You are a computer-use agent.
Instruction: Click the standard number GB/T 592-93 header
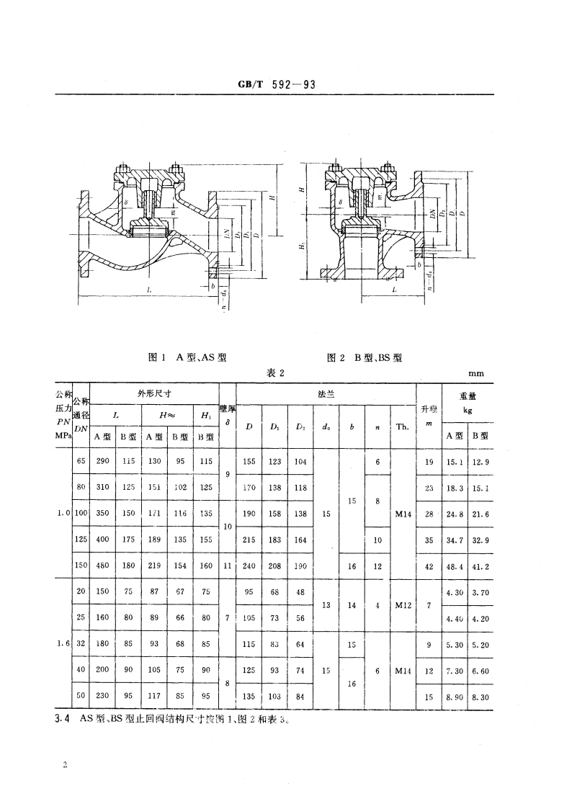coord(277,84)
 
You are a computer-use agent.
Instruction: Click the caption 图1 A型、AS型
coord(187,357)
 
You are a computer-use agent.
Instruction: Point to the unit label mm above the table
coord(476,373)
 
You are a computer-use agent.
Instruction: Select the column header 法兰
coord(326,393)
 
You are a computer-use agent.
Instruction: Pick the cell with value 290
coord(102,461)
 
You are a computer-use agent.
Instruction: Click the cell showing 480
coord(102,566)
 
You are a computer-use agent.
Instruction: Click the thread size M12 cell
coord(402,605)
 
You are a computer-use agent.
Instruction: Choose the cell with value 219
coord(154,566)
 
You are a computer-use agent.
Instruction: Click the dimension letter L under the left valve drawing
coord(149,288)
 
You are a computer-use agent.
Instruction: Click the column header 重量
coord(468,395)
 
